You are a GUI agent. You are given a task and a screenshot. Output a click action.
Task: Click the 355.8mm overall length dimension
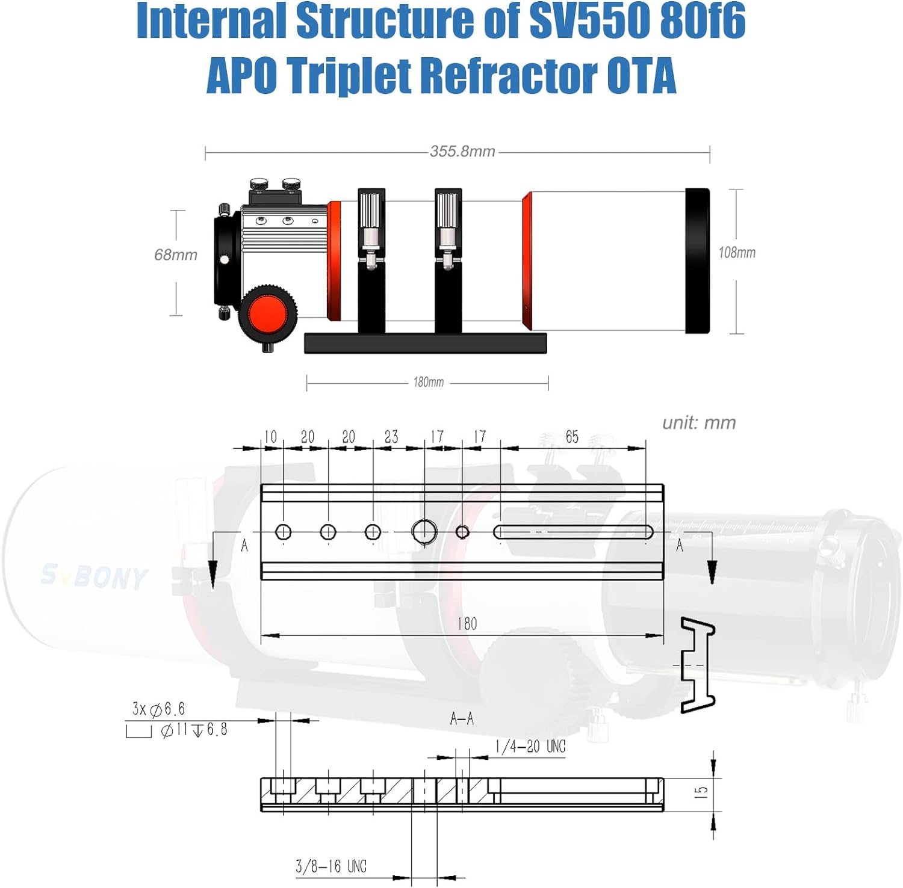coord(462,151)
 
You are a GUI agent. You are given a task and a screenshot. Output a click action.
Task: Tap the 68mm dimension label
coord(176,255)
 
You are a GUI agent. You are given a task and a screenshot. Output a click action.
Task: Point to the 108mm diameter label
coord(737,253)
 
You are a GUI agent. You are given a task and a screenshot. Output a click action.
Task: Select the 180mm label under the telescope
coord(428,382)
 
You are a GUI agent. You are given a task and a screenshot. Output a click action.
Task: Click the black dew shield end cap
coord(698,261)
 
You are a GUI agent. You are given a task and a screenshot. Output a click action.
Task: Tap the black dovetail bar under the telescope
coord(426,343)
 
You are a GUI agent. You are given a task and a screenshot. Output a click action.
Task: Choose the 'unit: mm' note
coord(699,423)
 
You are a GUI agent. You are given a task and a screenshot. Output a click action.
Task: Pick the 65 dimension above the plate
coord(572,437)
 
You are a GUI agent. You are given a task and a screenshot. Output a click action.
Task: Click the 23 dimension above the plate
coord(391,437)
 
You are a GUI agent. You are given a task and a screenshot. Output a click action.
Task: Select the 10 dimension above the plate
coord(271,437)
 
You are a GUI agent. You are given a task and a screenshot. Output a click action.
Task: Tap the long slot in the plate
coord(573,532)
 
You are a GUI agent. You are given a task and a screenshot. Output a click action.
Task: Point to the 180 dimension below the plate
coord(467,624)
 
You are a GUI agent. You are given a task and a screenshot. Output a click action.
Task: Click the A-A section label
coord(462,718)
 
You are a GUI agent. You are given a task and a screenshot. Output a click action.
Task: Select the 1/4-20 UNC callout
coord(530,747)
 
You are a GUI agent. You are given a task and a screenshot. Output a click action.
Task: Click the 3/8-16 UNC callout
coord(331,866)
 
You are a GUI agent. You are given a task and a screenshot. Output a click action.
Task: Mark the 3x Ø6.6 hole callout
coord(158,709)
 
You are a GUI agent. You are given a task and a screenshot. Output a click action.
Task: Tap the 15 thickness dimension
coord(701,792)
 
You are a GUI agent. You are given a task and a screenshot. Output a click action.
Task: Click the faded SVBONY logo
coord(94,576)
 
